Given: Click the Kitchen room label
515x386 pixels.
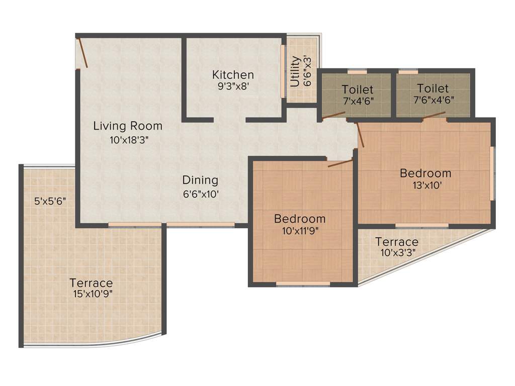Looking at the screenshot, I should click(x=233, y=75).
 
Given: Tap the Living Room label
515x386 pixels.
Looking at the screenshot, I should click(x=128, y=126).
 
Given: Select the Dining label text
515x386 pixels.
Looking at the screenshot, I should click(x=200, y=180).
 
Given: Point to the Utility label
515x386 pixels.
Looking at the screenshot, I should click(x=296, y=71).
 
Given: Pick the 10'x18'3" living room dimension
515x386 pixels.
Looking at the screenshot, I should click(x=129, y=140).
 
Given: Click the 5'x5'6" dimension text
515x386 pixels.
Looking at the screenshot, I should click(x=50, y=201).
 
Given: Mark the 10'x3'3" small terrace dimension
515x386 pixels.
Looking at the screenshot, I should click(x=397, y=253).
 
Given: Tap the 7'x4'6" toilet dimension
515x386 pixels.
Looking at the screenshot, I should click(x=358, y=100).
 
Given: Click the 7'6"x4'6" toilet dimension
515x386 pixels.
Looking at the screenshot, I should click(x=434, y=100).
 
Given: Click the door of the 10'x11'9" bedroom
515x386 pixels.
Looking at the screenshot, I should click(x=340, y=163).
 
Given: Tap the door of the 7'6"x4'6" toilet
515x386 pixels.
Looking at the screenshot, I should click(x=434, y=116).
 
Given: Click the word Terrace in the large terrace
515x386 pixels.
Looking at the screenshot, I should click(x=91, y=283).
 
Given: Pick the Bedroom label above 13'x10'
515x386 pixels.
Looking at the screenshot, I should click(x=425, y=173).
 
